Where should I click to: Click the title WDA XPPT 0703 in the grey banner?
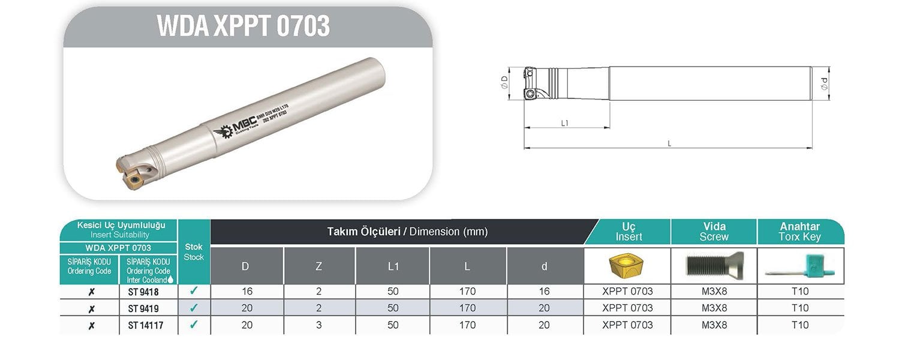[x=243, y=26]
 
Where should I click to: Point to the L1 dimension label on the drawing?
[x=564, y=123]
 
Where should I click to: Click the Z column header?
[x=318, y=266]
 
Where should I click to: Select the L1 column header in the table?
[x=393, y=266]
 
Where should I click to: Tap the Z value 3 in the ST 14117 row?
[x=318, y=325]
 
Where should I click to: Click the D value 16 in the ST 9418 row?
[x=246, y=292]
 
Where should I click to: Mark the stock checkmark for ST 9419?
[x=194, y=308]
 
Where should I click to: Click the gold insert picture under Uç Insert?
[x=627, y=265]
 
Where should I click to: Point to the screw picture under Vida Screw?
[x=714, y=265]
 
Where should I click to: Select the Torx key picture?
[x=801, y=266]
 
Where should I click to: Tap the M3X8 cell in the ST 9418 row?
[x=714, y=292]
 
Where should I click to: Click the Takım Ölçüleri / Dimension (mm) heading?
[x=407, y=232]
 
